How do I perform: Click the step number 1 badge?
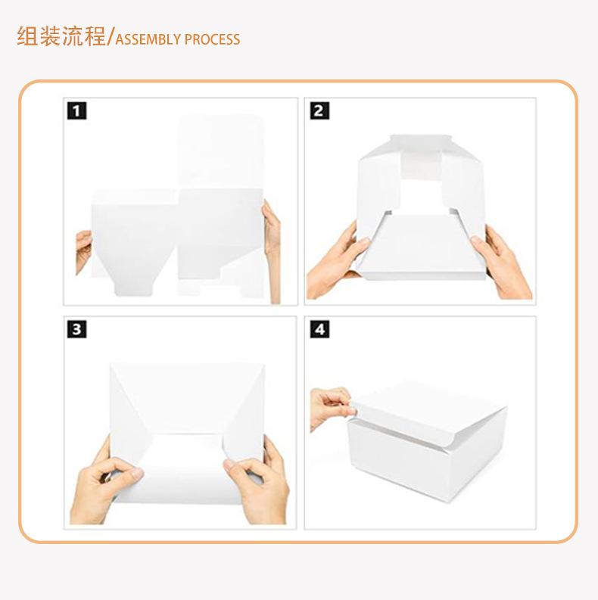pyautogui.click(x=76, y=110)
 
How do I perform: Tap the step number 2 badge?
pyautogui.click(x=319, y=110)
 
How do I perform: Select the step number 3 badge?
pyautogui.click(x=76, y=329)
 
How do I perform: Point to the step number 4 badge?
pyautogui.click(x=319, y=329)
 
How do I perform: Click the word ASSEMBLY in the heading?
pyautogui.click(x=148, y=39)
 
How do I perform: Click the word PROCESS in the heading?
pyautogui.click(x=213, y=39)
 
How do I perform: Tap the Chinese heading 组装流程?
pyautogui.click(x=61, y=37)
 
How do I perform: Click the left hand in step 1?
pyautogui.click(x=83, y=251)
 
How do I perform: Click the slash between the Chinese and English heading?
pyautogui.click(x=111, y=38)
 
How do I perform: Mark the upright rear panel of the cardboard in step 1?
pyautogui.click(x=221, y=151)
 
